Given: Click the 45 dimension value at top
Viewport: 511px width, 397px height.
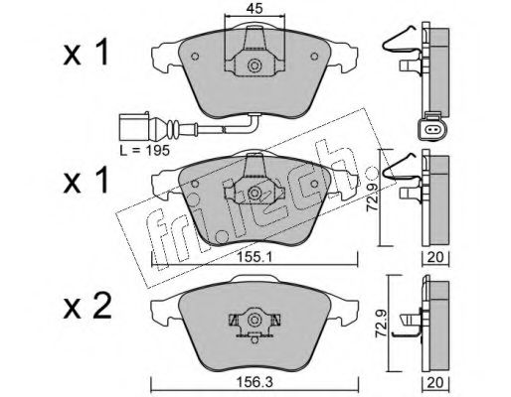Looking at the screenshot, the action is point(255,9).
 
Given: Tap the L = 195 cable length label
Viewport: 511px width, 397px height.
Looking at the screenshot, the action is point(145,151).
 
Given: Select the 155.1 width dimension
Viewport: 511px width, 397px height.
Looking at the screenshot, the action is point(255,257).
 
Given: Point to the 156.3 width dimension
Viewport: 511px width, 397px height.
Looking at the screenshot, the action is point(255,383).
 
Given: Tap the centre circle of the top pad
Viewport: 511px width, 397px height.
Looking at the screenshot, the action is point(255,66).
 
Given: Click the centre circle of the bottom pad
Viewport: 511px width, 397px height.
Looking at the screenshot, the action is point(255,320).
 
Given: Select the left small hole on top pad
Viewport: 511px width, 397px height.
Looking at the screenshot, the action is point(195,57).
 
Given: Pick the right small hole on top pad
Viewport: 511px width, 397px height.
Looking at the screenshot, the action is point(314,57).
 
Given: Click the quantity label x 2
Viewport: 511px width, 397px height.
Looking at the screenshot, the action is point(86,307).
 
